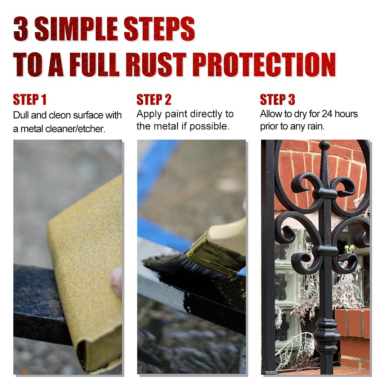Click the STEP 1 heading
pos(30,99)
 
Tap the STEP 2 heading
pos(154,99)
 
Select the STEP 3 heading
pos(277,99)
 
